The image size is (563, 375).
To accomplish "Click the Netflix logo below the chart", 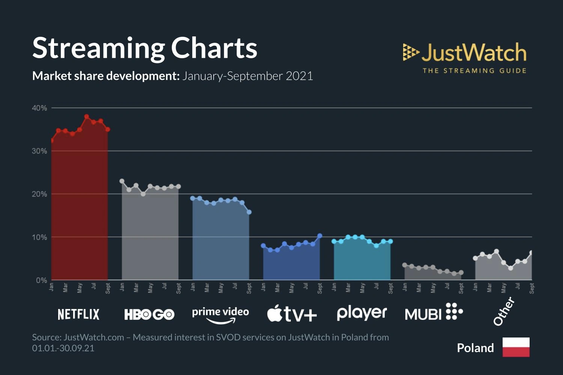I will pos(78,314).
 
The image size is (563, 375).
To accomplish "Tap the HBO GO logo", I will pos(149,314).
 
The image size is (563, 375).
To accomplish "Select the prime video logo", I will pos(220,314).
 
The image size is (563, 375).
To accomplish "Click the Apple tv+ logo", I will pos(292,313).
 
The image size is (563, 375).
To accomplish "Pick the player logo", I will pos(362,313).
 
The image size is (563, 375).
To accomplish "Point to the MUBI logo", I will pos(434,312).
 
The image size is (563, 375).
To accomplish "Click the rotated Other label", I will pos(504,311).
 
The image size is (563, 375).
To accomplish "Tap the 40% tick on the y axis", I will pos(39,108).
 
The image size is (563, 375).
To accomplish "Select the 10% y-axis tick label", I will pos(39,237).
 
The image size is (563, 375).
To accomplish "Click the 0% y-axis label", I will pos(41,280).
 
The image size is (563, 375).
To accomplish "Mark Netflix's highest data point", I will pos(87,117).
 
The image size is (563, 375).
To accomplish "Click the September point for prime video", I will pos(249,212).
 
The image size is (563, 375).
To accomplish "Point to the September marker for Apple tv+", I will pos(320,236).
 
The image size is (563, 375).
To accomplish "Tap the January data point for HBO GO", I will pos(122,181).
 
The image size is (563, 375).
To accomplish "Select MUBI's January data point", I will pos(405,265).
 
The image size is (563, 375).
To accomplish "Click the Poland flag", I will pos(516,347).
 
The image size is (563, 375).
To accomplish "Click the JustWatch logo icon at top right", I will pos(410,52).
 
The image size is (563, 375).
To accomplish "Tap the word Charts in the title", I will pos(214,48).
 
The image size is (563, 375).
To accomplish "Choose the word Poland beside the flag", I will pos(475,348).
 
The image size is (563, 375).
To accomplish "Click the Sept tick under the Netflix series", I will pos(108,288).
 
